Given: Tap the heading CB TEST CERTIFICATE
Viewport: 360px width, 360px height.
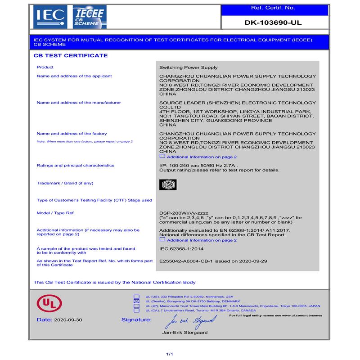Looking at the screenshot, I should pos(71,56).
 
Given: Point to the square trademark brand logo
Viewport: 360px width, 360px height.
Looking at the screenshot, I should pos(168,184).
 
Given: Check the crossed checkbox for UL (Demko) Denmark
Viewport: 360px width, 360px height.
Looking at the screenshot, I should pos(136,301).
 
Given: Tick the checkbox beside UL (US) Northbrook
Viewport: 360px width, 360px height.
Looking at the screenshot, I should pos(136,297).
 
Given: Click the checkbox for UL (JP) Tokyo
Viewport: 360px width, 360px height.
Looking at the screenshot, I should pos(136,306).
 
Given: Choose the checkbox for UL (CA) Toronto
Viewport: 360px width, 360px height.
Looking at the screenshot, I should pos(136,310).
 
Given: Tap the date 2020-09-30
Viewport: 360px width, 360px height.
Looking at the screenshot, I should pos(67,319).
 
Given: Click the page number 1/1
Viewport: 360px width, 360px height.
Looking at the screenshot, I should pos(170,354).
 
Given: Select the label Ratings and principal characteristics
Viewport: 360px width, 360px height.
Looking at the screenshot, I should pos(75,166).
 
